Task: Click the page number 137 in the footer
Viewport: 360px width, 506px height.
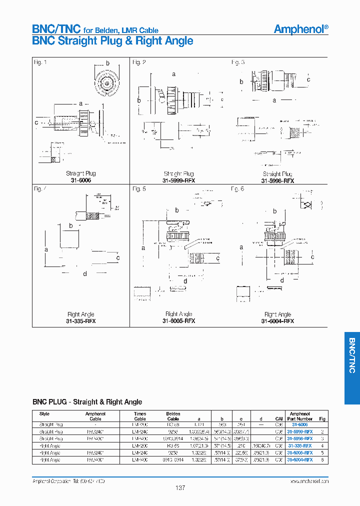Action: (180, 487)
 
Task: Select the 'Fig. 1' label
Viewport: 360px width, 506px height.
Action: (40, 62)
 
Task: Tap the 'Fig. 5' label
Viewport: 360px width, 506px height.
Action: (139, 189)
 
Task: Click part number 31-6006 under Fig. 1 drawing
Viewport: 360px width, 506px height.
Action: (81, 180)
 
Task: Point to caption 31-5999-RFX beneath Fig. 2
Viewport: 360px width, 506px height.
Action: (178, 180)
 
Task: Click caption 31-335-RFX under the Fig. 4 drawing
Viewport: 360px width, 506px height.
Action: (80, 320)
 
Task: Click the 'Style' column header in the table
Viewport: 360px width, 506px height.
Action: (44, 414)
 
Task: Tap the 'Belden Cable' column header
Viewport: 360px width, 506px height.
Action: (173, 416)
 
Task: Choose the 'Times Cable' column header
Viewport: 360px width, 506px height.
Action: (140, 416)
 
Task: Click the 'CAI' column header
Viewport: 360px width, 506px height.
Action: (279, 419)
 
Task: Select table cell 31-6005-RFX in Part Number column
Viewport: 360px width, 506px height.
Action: (300, 452)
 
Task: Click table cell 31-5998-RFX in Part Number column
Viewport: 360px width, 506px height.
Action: (300, 438)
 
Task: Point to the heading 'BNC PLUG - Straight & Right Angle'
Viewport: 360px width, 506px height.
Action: (87, 402)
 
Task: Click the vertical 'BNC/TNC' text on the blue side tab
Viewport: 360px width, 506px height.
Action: (351, 355)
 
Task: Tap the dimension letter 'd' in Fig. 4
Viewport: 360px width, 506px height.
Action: (85, 273)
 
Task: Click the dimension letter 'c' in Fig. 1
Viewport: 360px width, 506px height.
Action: (36, 121)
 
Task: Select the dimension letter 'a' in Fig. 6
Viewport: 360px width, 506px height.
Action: (241, 247)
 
